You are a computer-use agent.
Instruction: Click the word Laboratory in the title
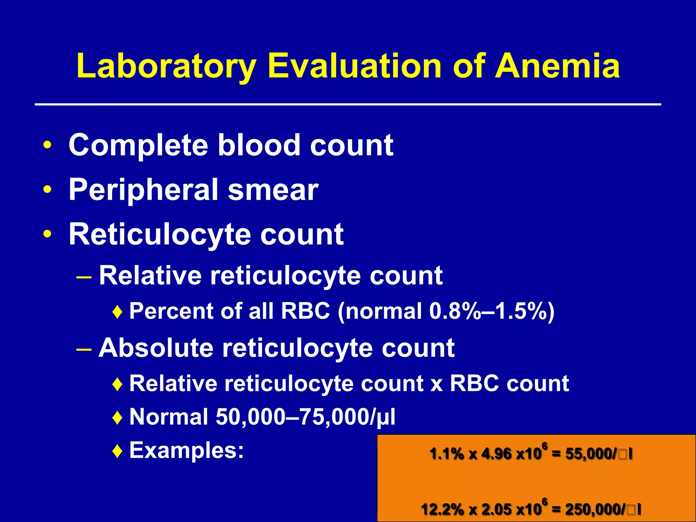coord(167,66)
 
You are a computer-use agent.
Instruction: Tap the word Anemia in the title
coord(557,66)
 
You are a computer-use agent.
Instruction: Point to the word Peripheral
coord(143,190)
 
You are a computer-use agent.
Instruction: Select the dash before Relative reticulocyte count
coord(84,276)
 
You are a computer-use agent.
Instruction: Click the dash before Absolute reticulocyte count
coord(84,349)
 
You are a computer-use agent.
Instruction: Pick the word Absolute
coord(156,348)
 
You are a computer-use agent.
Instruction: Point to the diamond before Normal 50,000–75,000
coord(117,418)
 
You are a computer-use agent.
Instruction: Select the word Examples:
coord(187,451)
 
